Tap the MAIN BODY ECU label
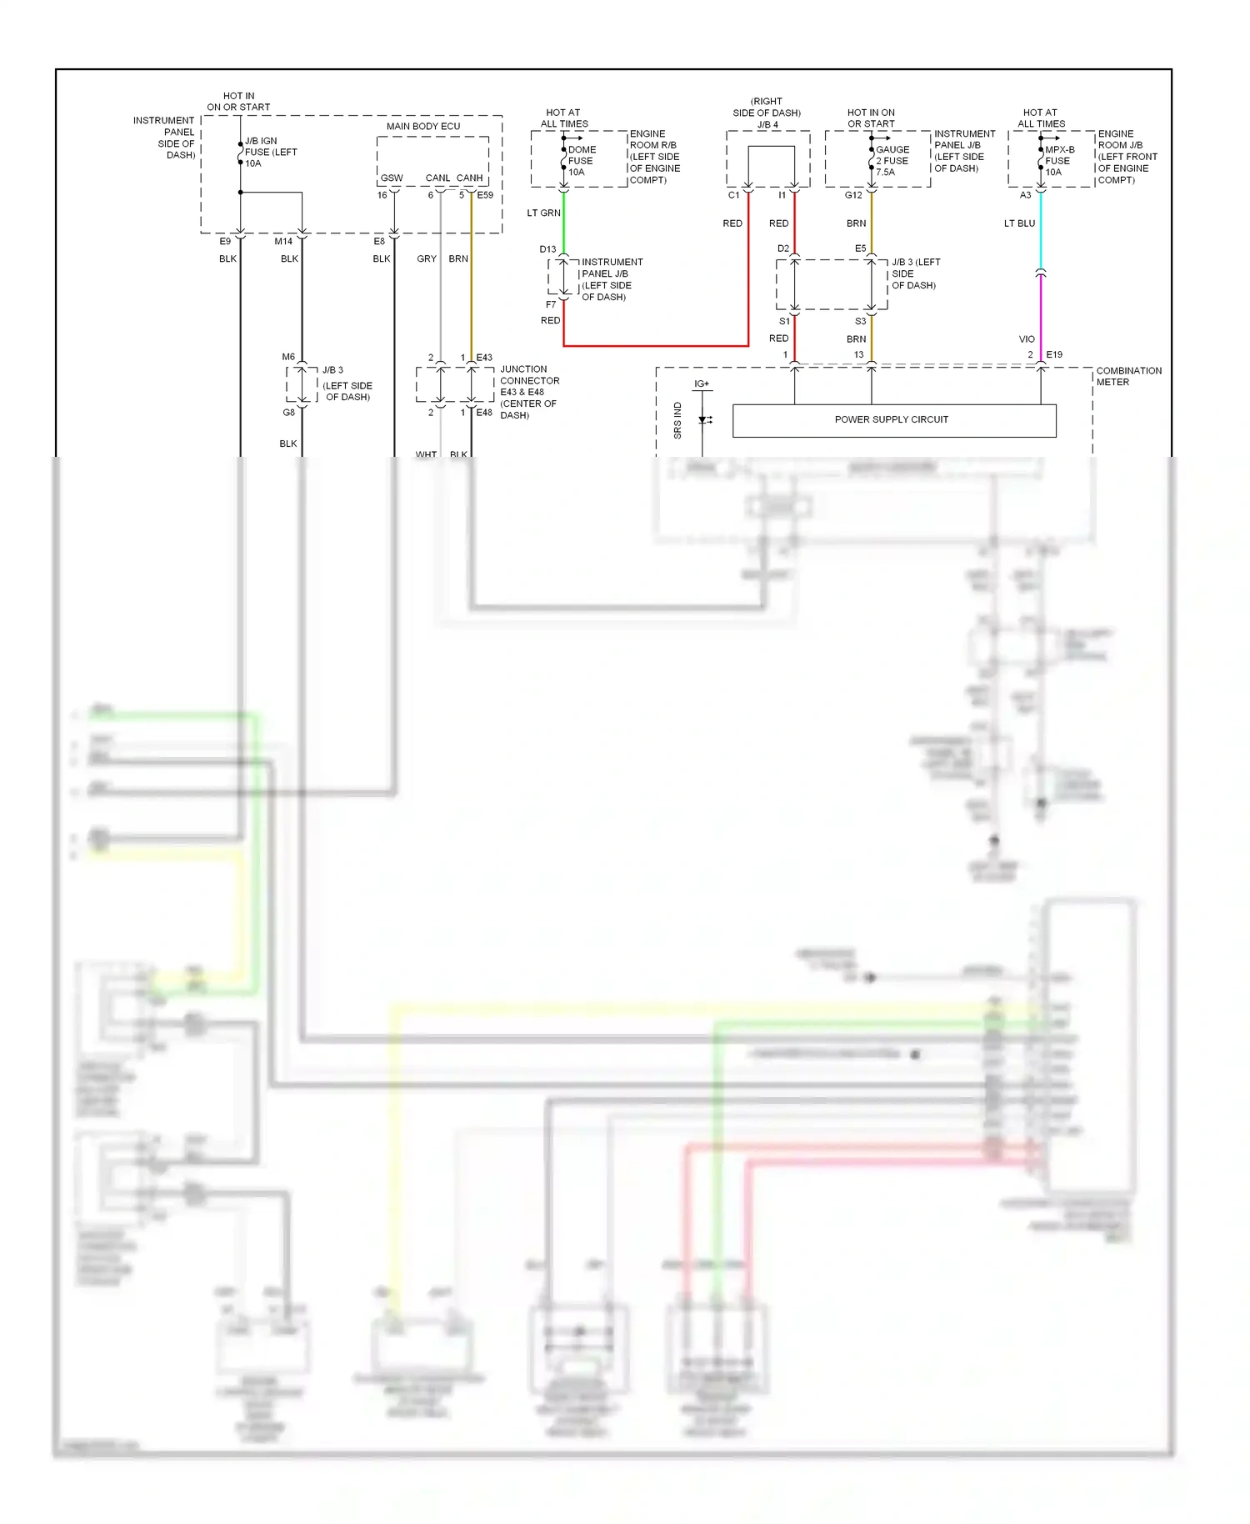422,126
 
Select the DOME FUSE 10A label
581,161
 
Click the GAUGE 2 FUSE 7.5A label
892,161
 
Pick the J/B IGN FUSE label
269,152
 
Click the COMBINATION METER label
1128,376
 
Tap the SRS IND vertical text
677,420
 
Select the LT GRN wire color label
543,213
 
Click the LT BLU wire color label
1019,223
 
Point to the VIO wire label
1027,339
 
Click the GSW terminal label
391,178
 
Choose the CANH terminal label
469,178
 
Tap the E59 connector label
485,195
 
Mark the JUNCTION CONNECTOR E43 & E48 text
528,392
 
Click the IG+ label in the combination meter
702,384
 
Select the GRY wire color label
427,258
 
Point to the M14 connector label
283,242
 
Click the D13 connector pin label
547,249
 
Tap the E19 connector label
1054,354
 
